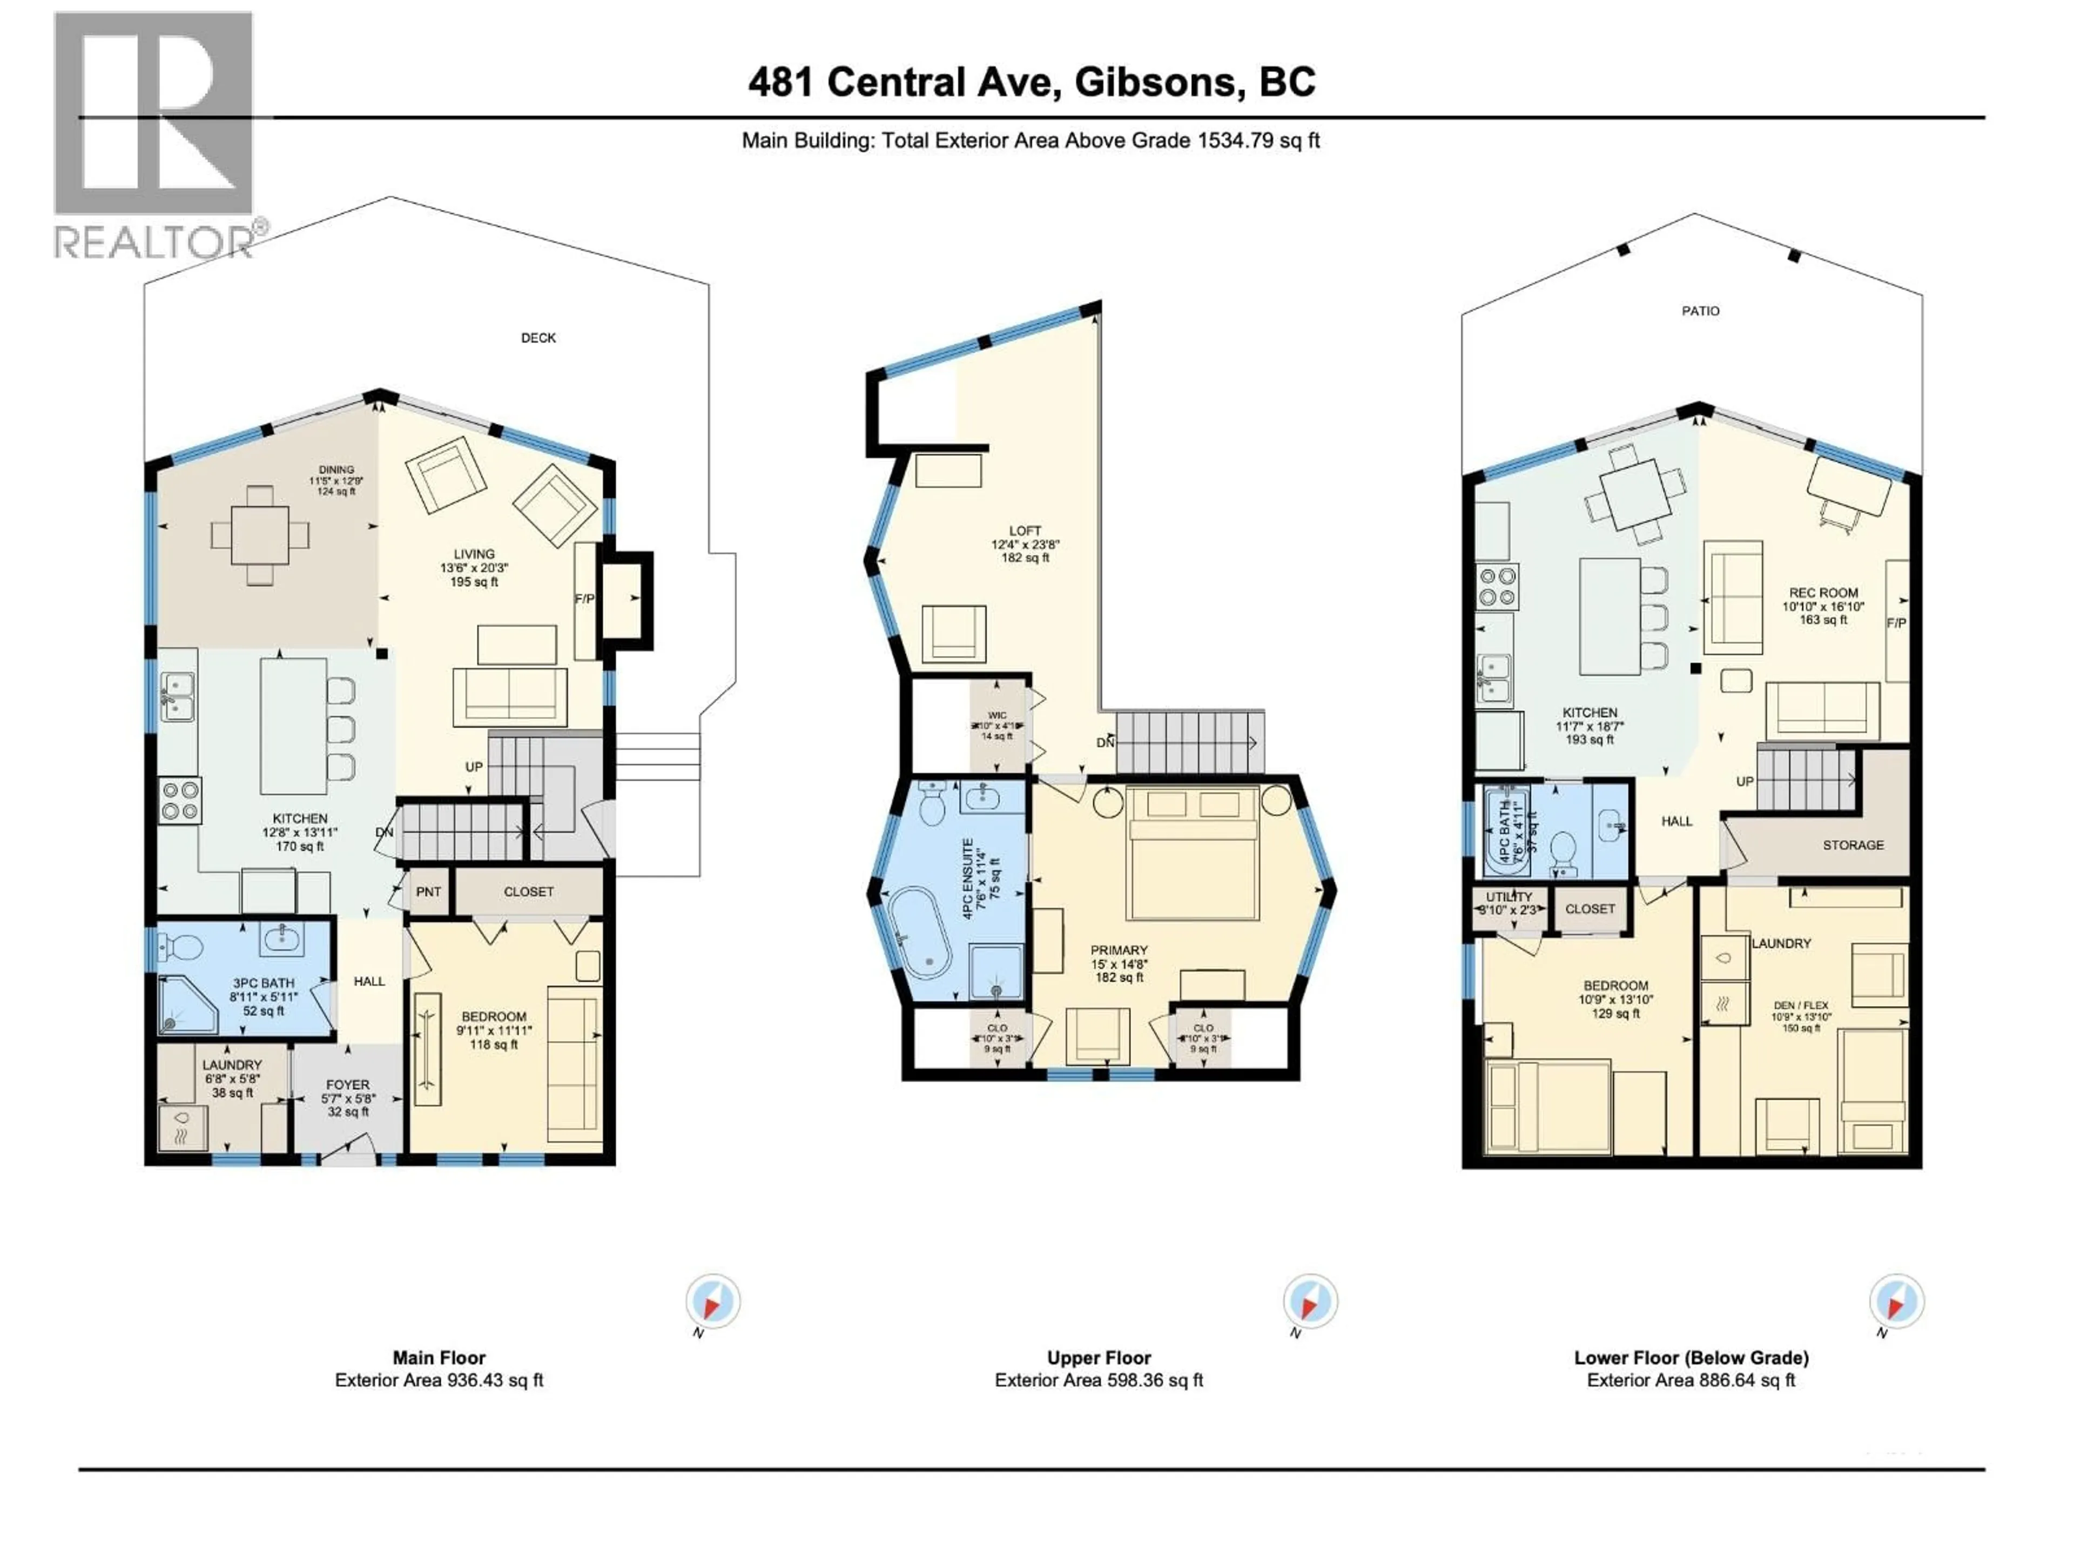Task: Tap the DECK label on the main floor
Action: tap(538, 338)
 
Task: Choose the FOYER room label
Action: tap(347, 1084)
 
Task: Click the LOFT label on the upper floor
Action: tap(1025, 531)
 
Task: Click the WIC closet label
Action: tap(996, 716)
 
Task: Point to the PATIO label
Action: tap(1700, 311)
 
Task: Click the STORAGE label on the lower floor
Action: tap(1853, 845)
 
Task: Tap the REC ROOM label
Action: tap(1823, 593)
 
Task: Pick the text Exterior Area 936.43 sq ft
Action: tap(439, 1380)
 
